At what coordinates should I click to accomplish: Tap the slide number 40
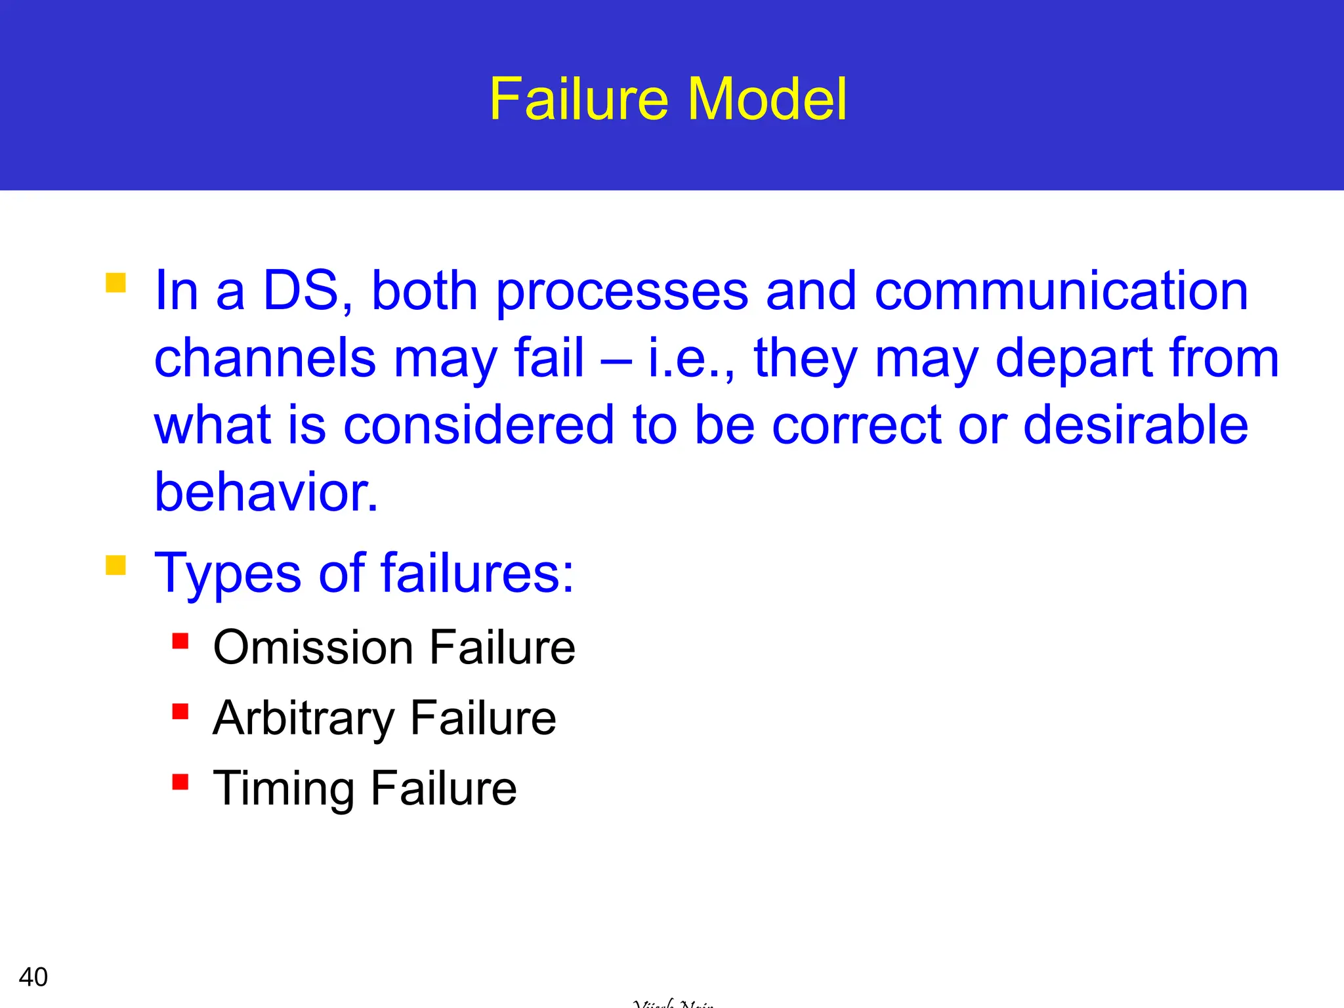pos(33,977)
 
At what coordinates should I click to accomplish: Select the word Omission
pos(312,648)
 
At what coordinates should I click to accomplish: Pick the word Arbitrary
pos(303,719)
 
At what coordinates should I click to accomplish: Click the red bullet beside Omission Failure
pos(180,640)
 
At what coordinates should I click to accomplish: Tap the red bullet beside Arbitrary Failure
pos(180,711)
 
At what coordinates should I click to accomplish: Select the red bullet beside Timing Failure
pos(180,782)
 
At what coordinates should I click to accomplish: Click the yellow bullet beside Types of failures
pos(115,565)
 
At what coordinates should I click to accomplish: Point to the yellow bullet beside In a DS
pos(115,282)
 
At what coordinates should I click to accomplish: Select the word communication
pos(1061,291)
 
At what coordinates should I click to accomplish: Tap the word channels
pos(265,358)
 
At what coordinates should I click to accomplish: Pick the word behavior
pos(265,493)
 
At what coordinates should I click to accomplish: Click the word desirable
pos(1135,425)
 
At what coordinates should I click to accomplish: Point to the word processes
pos(621,291)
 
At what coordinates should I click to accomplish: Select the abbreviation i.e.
pos(689,358)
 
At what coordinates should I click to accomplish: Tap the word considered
pos(478,425)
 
